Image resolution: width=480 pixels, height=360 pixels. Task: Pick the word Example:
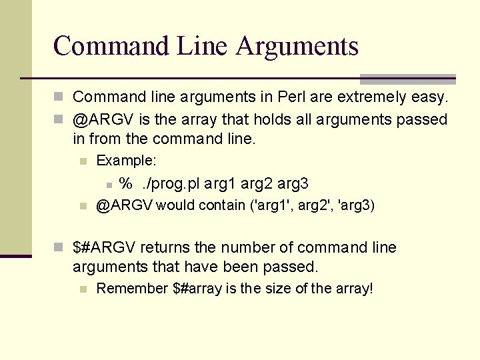pyautogui.click(x=127, y=161)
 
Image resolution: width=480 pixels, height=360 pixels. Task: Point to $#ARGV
pyautogui.click(x=104, y=248)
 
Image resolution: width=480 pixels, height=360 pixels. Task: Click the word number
pyautogui.click(x=257, y=248)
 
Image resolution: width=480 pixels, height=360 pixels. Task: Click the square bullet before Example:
pyautogui.click(x=83, y=161)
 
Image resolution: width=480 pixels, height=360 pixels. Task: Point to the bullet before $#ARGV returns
pyautogui.click(x=59, y=248)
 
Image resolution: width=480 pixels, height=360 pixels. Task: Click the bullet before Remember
pyautogui.click(x=83, y=289)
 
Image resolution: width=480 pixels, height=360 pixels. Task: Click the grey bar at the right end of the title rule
pyautogui.click(x=407, y=79)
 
